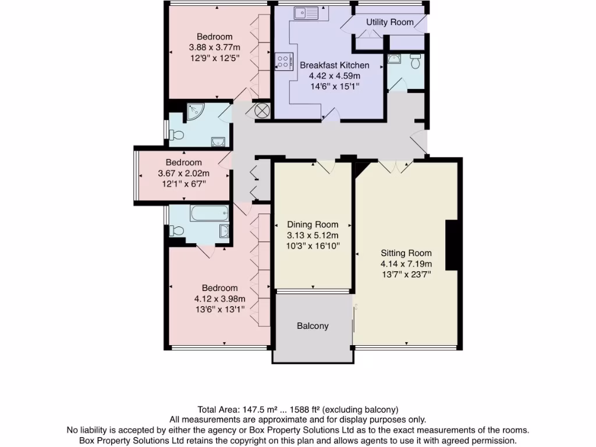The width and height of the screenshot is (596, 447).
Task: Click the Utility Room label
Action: (389, 22)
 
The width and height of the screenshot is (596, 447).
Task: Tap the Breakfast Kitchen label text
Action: (334, 65)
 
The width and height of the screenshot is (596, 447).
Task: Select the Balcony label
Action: (313, 326)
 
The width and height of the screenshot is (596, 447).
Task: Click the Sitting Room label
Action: (406, 253)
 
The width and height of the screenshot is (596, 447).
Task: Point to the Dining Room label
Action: (313, 225)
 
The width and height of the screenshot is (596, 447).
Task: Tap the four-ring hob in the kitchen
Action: (283, 61)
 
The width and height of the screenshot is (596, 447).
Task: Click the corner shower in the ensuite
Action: (194, 111)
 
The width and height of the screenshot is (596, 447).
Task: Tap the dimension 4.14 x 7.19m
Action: (406, 264)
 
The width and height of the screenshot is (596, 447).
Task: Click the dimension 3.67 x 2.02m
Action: (183, 173)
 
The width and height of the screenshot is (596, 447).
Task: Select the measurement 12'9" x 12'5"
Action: (214, 58)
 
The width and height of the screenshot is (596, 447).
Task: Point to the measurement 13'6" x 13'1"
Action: (219, 310)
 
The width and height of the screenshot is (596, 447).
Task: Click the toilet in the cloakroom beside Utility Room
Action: (415, 61)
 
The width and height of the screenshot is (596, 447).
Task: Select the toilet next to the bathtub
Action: (175, 231)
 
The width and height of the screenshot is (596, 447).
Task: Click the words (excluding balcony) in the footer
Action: (361, 409)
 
